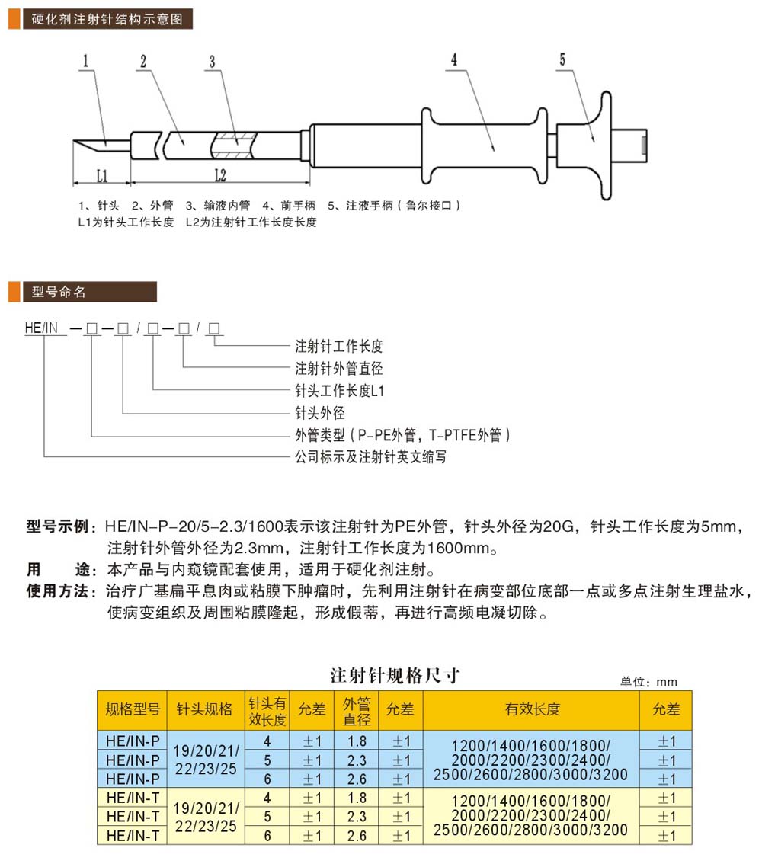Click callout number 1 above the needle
[85, 60]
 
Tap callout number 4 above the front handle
[454, 59]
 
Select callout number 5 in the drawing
[562, 59]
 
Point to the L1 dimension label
[102, 176]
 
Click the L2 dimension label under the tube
[220, 175]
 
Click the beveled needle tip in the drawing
[74, 141]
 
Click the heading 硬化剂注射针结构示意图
[107, 19]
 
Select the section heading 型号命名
[59, 292]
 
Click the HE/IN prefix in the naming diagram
[41, 328]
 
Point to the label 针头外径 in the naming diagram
[319, 413]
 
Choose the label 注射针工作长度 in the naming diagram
[338, 346]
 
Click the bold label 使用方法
[57, 591]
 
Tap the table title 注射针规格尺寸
[395, 675]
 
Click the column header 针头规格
[204, 709]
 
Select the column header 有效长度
[532, 709]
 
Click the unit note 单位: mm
[648, 682]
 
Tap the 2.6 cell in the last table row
[357, 836]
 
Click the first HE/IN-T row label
[133, 798]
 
